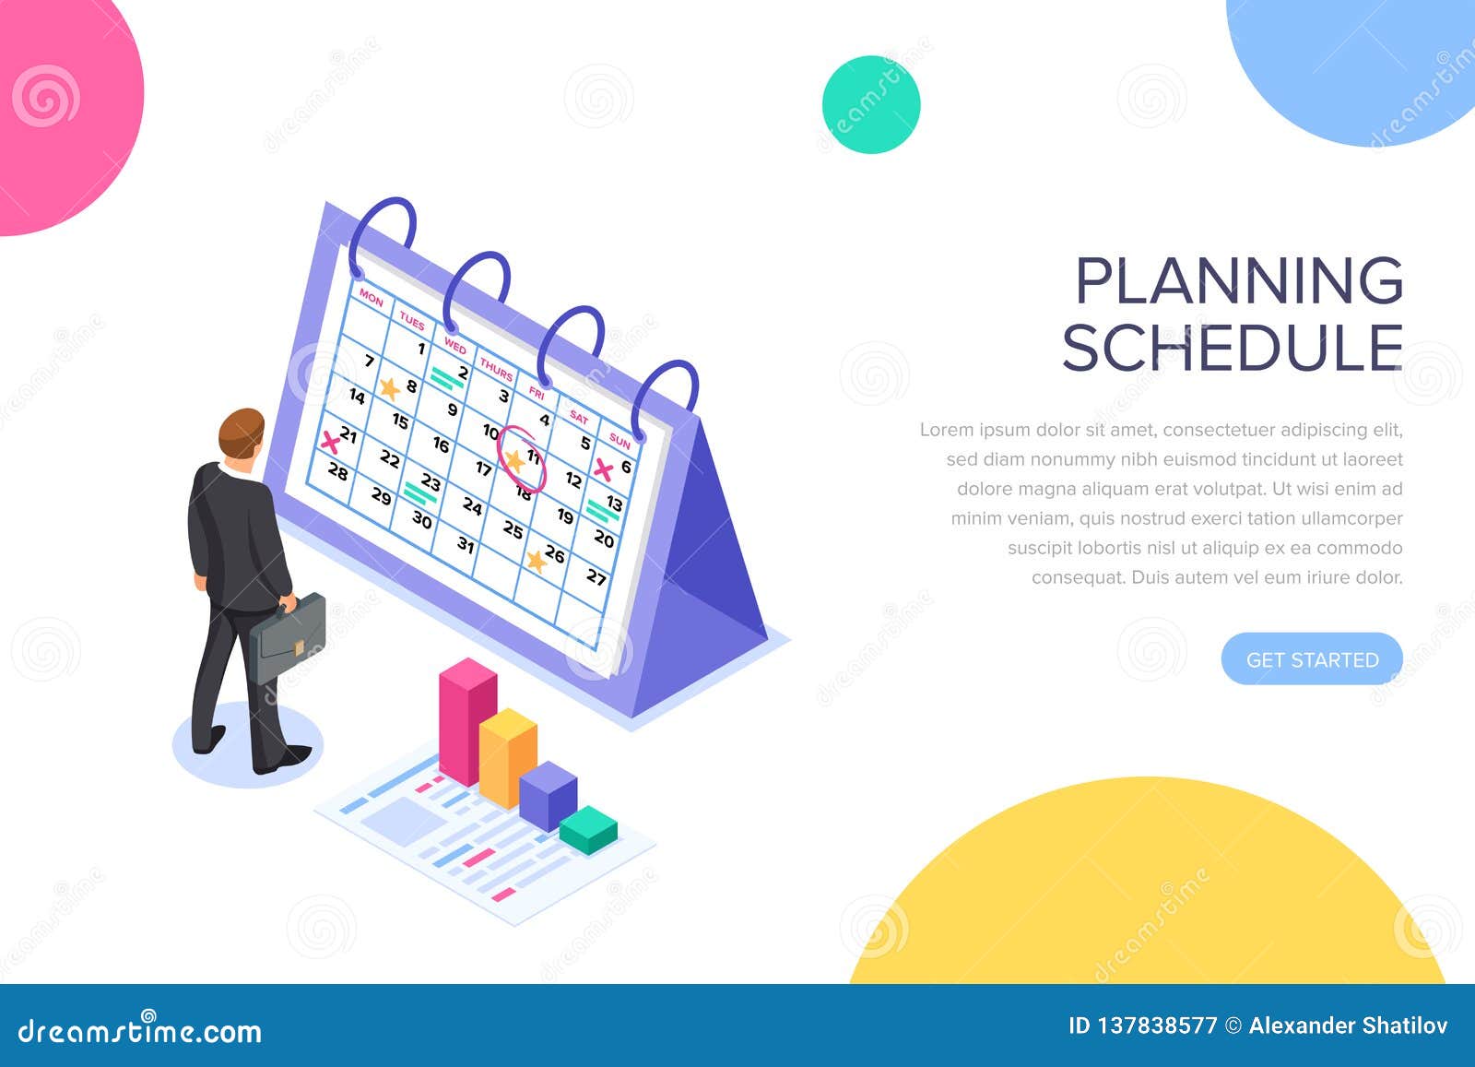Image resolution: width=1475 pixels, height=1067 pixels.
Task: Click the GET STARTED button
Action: tap(1311, 659)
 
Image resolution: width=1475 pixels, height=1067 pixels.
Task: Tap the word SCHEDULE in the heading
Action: tap(1233, 348)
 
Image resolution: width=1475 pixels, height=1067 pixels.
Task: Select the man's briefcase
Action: tap(288, 637)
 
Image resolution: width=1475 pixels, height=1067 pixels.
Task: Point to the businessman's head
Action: tap(242, 434)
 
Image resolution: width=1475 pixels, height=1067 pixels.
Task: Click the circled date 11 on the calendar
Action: tap(523, 458)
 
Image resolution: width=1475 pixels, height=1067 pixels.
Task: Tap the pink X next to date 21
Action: tap(329, 442)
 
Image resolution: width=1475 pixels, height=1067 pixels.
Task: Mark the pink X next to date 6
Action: tap(604, 470)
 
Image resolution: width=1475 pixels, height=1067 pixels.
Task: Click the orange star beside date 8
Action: tap(390, 388)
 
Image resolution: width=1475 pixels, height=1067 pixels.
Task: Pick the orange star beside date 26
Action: tap(536, 560)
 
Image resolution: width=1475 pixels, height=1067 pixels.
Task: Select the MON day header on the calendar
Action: tap(371, 297)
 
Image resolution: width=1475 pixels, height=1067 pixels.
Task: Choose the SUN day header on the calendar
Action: tap(619, 442)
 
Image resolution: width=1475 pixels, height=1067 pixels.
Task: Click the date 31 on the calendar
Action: tap(466, 545)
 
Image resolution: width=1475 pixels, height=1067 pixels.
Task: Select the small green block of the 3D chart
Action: tap(588, 828)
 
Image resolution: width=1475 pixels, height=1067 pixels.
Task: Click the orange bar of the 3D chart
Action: tap(507, 756)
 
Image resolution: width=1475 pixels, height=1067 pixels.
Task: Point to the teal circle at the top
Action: tap(871, 104)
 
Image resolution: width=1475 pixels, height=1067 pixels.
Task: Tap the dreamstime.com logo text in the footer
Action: tap(140, 1030)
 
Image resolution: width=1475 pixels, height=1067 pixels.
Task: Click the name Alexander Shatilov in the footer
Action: tap(1348, 1026)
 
